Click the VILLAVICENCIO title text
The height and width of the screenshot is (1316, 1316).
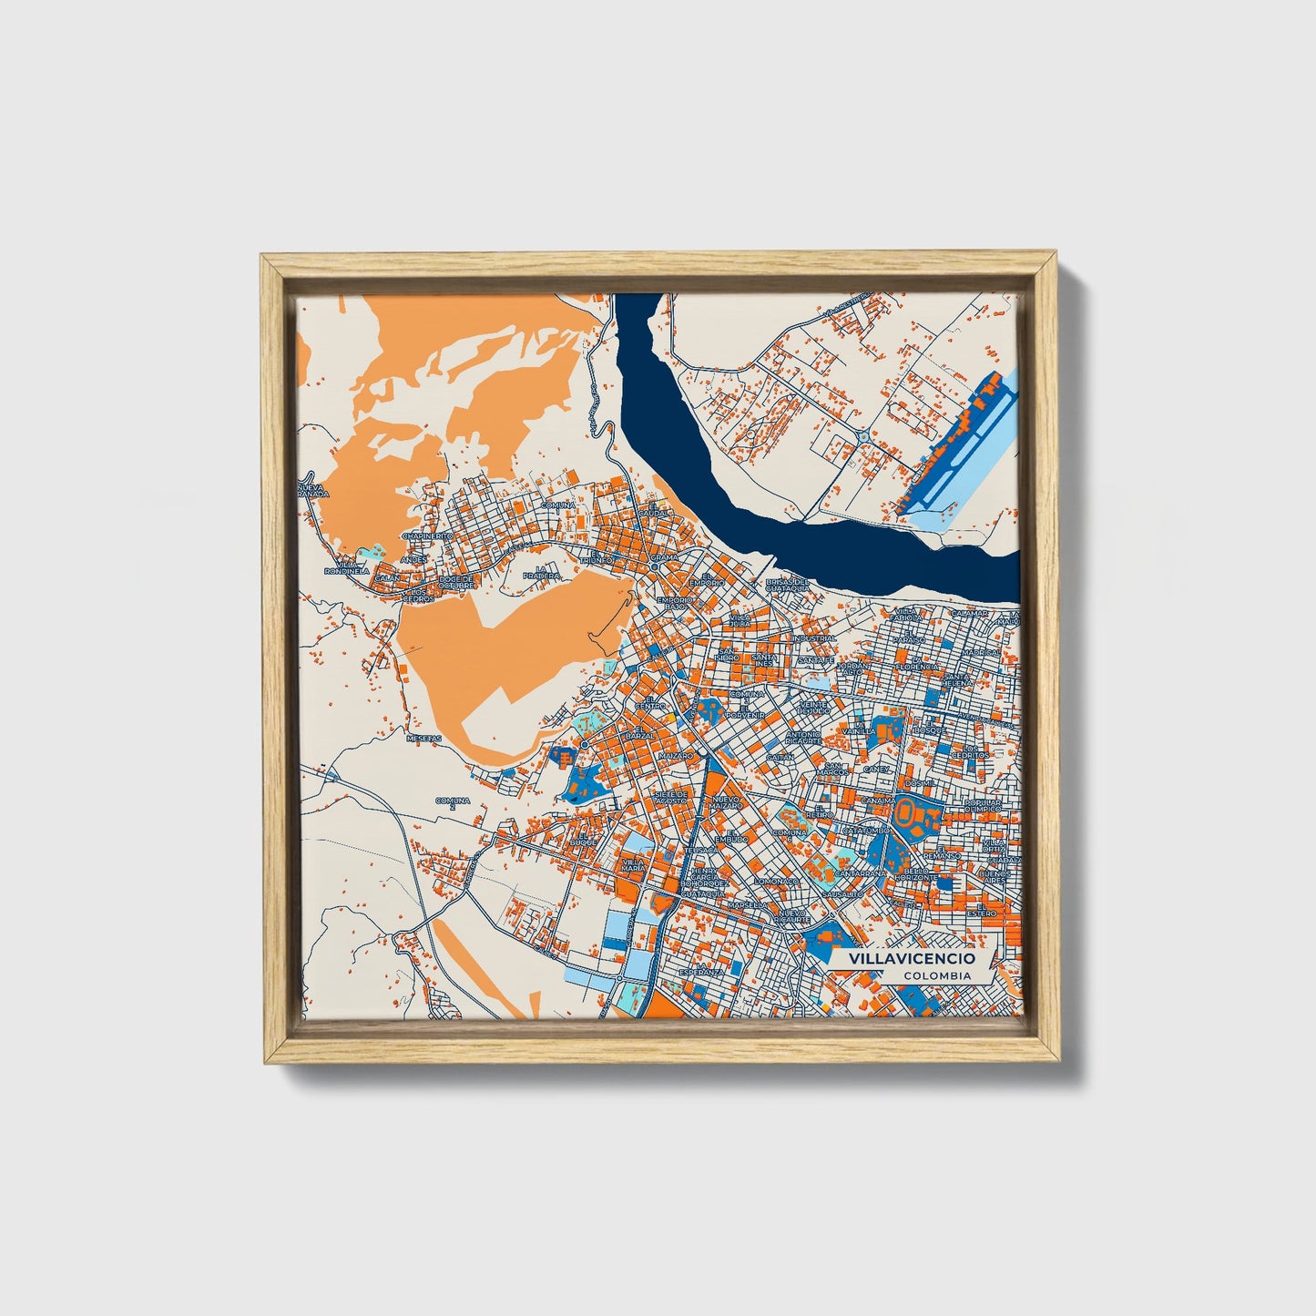click(x=911, y=959)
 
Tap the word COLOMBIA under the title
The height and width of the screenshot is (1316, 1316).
click(x=937, y=975)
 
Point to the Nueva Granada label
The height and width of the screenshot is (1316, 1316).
click(x=311, y=491)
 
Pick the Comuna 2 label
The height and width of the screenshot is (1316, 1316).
click(x=452, y=802)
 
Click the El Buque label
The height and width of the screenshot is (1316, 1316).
click(x=583, y=839)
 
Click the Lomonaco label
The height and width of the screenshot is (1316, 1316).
click(x=776, y=881)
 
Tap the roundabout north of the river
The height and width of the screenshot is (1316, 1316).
click(x=862, y=437)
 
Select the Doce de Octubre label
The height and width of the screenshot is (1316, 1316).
click(x=456, y=581)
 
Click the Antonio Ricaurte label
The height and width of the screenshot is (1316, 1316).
click(x=803, y=738)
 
